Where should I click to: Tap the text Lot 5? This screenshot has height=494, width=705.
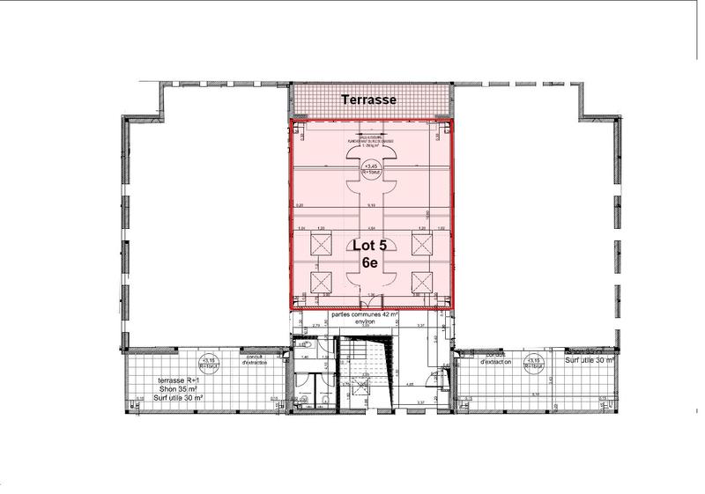(370, 246)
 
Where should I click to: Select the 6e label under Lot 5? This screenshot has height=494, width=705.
(370, 262)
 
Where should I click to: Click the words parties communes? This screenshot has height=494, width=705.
(358, 314)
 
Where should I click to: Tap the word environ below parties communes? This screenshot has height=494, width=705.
(366, 322)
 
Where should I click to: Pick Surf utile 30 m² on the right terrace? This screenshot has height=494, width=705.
(590, 360)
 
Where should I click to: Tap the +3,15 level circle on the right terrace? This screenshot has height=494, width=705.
(535, 363)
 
